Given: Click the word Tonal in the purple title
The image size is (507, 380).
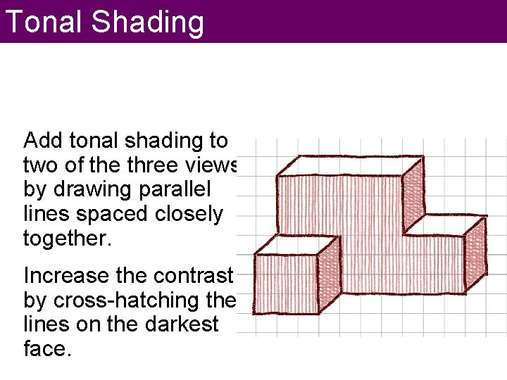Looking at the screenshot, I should tap(44, 22).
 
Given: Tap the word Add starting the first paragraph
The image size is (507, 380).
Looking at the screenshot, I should tap(43, 141).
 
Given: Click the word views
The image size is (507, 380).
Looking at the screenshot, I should tap(215, 165).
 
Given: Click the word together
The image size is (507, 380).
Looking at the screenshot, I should tap(67, 239).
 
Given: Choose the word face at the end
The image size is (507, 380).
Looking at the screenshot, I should tap(46, 349).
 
